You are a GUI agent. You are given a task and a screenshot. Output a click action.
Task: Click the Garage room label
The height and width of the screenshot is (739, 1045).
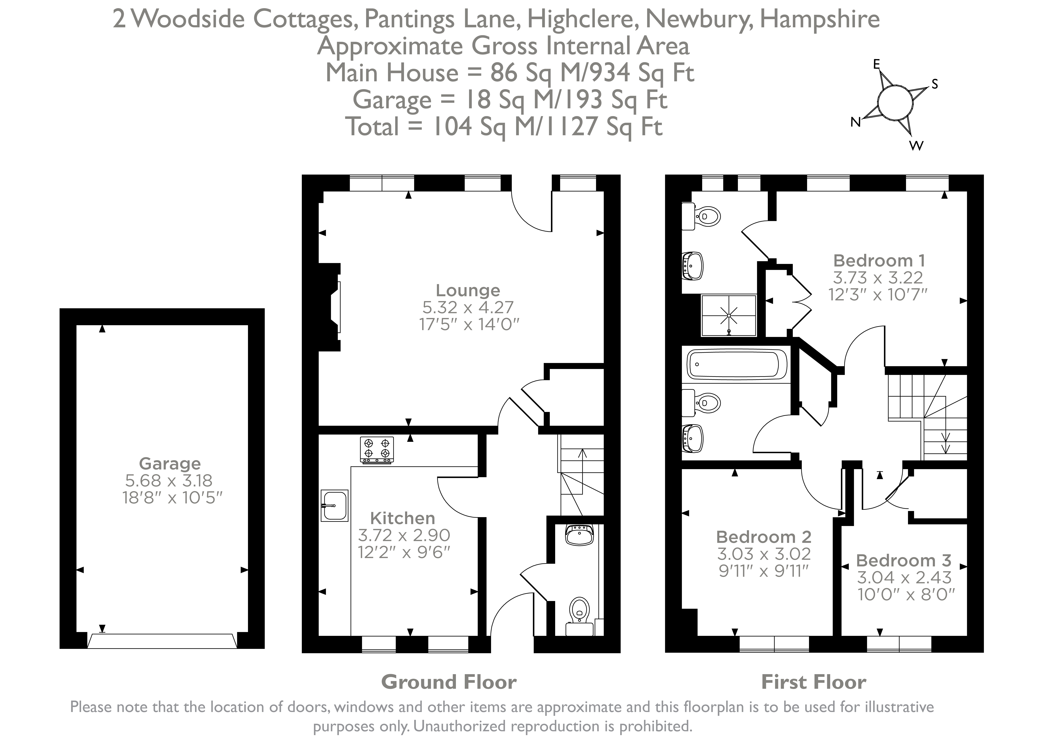pos(170,464)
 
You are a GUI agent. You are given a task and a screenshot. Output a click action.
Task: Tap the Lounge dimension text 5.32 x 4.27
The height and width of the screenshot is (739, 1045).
pos(468,308)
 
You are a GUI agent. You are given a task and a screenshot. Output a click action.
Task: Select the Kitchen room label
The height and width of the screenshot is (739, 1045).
pos(402,518)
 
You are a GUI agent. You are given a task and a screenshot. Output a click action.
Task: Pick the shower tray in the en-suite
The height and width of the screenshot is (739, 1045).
pos(729,315)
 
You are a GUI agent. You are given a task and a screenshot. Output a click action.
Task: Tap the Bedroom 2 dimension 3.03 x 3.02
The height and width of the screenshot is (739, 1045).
pos(764,554)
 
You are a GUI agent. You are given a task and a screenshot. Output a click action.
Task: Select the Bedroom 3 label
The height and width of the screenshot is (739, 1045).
pos(903,560)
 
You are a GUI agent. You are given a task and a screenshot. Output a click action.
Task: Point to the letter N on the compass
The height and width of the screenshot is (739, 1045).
pos(855,122)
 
